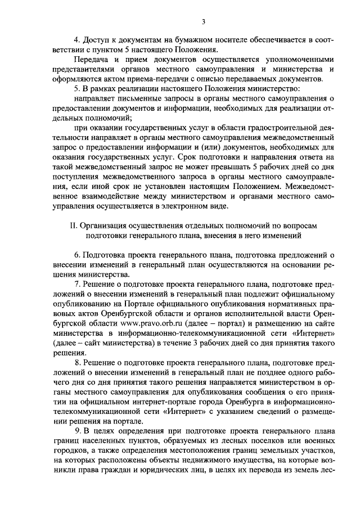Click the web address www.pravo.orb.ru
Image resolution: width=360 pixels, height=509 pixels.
[x=148, y=324]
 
